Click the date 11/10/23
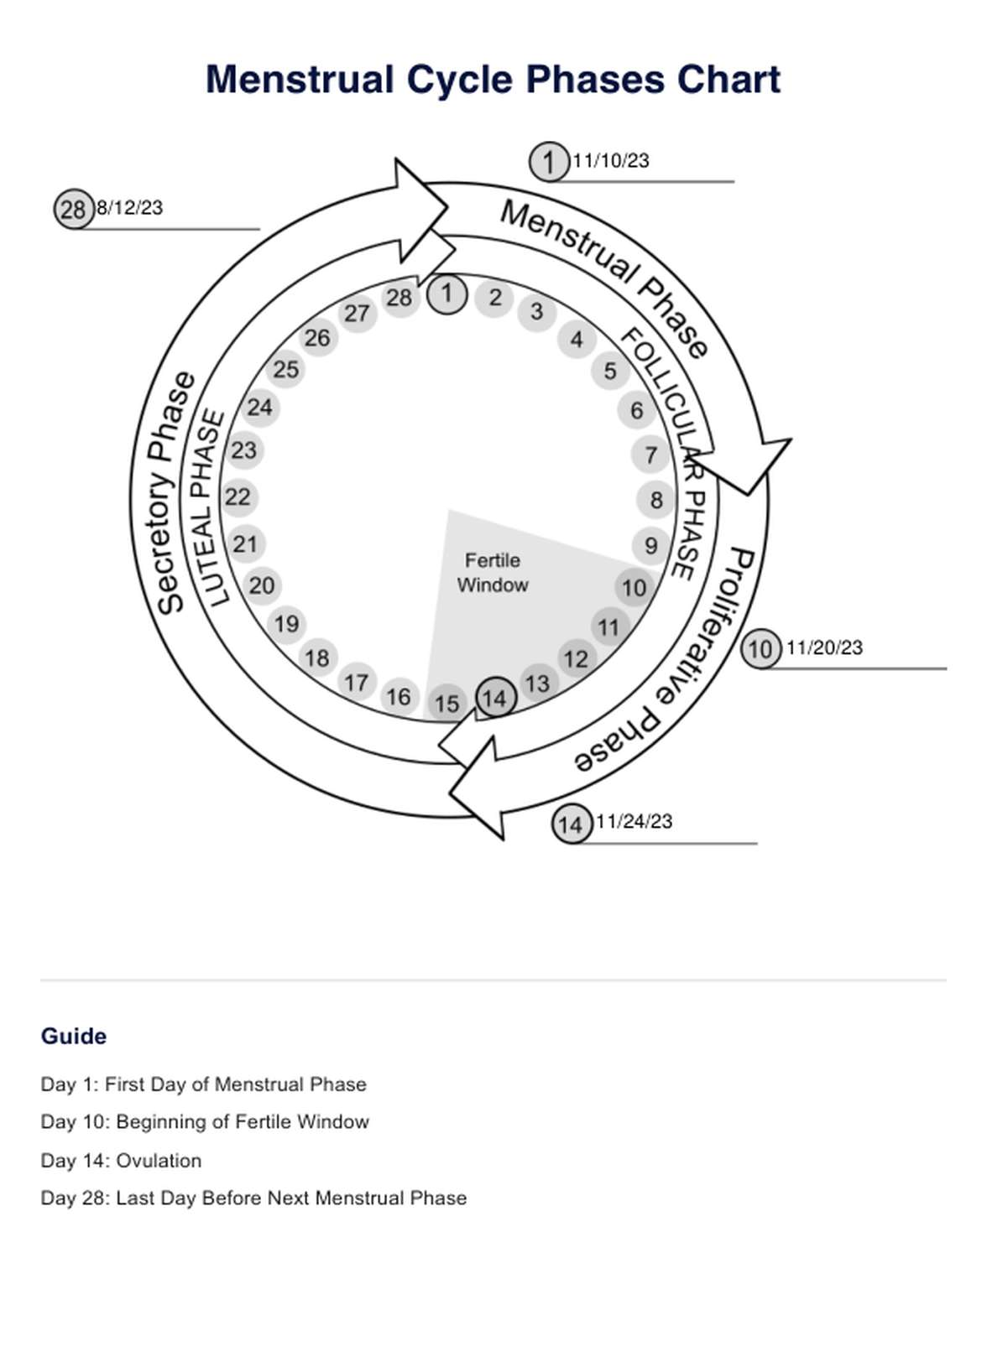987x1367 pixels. pyautogui.click(x=610, y=161)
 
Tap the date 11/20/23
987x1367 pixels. pyautogui.click(x=823, y=647)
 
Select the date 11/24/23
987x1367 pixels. pyautogui.click(x=634, y=822)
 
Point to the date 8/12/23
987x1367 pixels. pyautogui.click(x=129, y=208)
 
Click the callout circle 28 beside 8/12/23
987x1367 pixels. pyautogui.click(x=74, y=209)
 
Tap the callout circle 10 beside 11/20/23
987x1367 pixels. pyautogui.click(x=760, y=649)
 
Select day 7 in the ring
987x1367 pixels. pyautogui.click(x=650, y=455)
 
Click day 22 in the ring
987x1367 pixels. pyautogui.click(x=238, y=497)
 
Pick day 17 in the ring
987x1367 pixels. pyautogui.click(x=357, y=683)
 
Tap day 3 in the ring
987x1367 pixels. pyautogui.click(x=536, y=312)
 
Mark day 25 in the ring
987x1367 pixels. pyautogui.click(x=286, y=369)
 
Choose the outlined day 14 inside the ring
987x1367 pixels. pyautogui.click(x=495, y=698)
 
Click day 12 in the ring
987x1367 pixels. pyautogui.click(x=575, y=659)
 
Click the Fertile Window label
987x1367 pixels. pyautogui.click(x=493, y=573)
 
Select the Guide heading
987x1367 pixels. pyautogui.click(x=74, y=1037)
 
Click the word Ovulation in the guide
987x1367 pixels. pyautogui.click(x=159, y=1161)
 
